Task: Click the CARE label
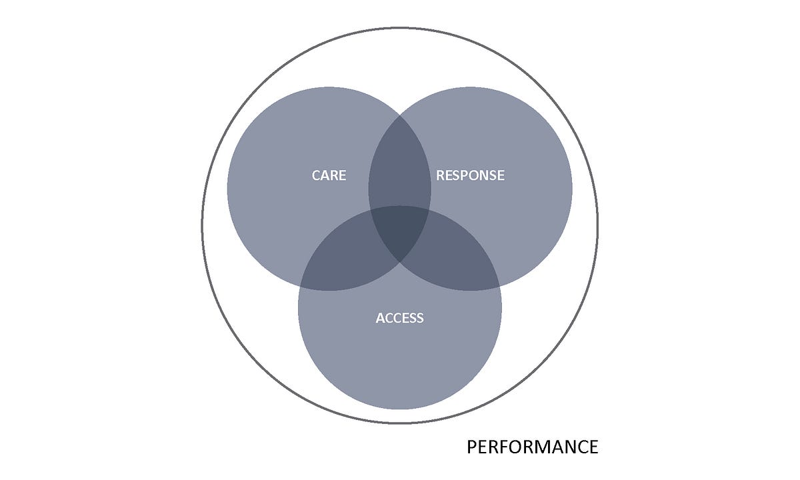[329, 175]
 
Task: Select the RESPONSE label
[470, 175]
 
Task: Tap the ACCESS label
[399, 318]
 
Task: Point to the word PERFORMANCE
[532, 447]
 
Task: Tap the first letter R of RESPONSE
[440, 175]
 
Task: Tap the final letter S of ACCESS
[420, 318]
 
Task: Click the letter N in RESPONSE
[485, 175]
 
